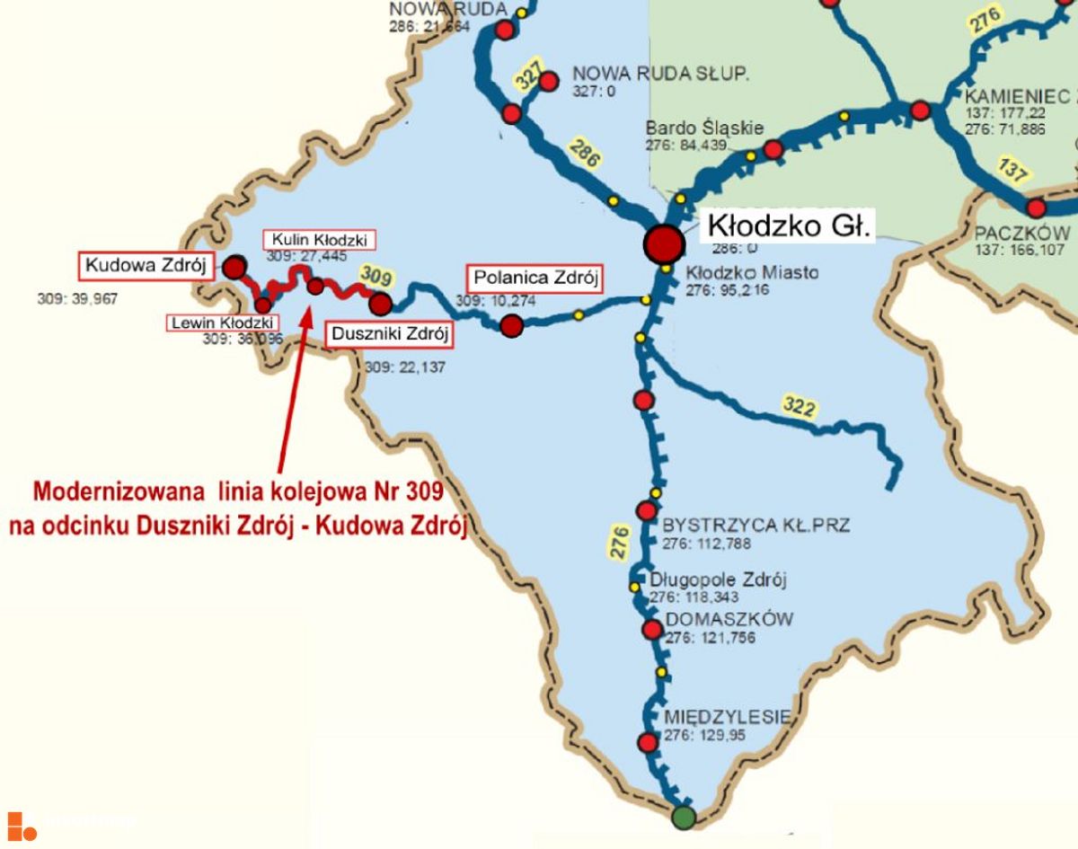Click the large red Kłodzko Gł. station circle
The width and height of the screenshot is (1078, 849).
664,243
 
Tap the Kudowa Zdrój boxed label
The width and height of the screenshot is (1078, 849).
146,265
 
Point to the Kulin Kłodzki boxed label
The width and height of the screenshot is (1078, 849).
319,240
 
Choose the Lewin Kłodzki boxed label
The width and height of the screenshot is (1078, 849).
222,323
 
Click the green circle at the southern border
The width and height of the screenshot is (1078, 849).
684,818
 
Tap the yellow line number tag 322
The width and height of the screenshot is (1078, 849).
799,407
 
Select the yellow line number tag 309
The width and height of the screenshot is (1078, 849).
376,272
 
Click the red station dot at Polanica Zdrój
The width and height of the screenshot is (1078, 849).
511,325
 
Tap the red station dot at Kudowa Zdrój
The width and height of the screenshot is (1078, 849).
234,267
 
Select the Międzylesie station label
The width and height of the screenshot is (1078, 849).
727,716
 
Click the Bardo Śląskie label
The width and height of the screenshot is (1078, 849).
704,128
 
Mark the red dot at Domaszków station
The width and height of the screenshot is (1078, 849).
652,630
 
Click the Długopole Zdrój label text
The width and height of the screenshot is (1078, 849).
718,579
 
